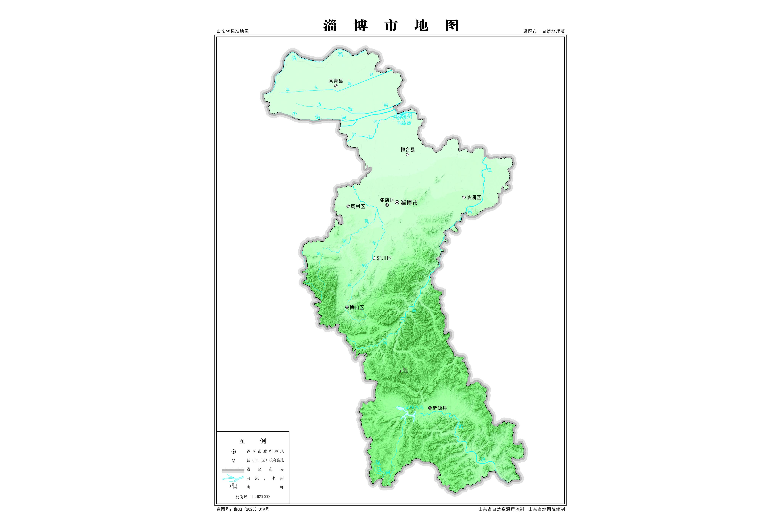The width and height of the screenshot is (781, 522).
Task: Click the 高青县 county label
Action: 336,81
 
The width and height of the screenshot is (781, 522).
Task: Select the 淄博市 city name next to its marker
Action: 409,203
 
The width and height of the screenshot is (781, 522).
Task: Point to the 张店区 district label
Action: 387,200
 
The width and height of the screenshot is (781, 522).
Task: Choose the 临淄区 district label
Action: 474,197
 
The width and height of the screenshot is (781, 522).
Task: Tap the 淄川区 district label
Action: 384,258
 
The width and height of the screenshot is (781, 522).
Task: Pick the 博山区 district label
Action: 357,307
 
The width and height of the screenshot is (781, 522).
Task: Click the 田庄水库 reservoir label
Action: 414,407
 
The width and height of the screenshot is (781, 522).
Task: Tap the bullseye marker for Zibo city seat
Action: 397,203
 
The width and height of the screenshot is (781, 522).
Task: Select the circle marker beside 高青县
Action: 336,86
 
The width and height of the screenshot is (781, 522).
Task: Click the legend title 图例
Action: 253,441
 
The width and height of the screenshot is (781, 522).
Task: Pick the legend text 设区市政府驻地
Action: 265,451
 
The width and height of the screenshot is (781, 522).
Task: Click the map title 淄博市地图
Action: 391,26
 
